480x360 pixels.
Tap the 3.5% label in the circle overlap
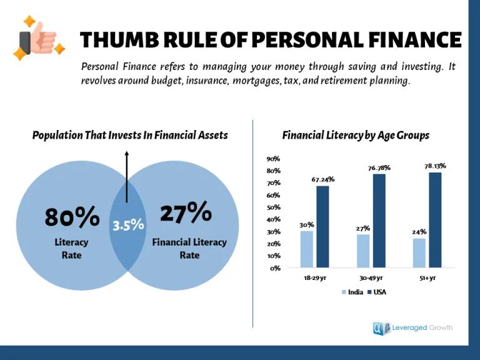128,224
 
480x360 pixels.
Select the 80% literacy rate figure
72,217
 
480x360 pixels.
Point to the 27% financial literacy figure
186,213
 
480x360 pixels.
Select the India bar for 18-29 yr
306,249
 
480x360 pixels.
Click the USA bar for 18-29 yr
322,226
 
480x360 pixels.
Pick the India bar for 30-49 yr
363,251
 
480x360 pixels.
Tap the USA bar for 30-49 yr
379,221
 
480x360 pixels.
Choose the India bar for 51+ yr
419,252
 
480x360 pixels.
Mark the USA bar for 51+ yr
435,219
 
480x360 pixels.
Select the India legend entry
352,292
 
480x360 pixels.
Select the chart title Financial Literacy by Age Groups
356,135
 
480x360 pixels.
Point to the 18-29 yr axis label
314,277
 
